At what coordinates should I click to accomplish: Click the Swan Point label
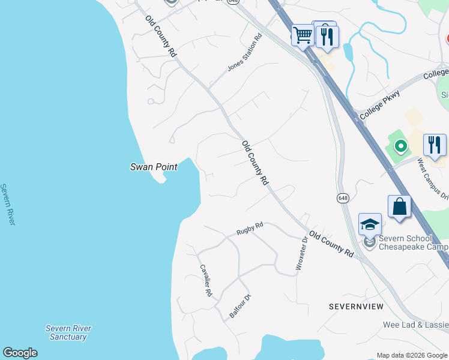(x=154, y=167)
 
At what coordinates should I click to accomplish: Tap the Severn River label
(x=7, y=205)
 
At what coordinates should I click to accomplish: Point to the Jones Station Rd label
(x=245, y=53)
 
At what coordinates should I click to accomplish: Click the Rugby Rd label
(x=250, y=229)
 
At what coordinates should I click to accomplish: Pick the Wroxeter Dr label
(x=301, y=253)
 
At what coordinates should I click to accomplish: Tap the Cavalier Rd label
(x=205, y=281)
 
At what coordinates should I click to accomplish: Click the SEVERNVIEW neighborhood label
(x=356, y=307)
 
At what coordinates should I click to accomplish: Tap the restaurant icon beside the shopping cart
(x=327, y=35)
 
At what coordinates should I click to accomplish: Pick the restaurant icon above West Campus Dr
(x=435, y=145)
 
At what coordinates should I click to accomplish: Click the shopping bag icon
(x=399, y=206)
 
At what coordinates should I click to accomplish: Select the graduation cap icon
(x=370, y=224)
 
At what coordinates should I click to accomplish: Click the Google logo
(x=20, y=353)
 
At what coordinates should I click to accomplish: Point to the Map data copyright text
(x=412, y=355)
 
